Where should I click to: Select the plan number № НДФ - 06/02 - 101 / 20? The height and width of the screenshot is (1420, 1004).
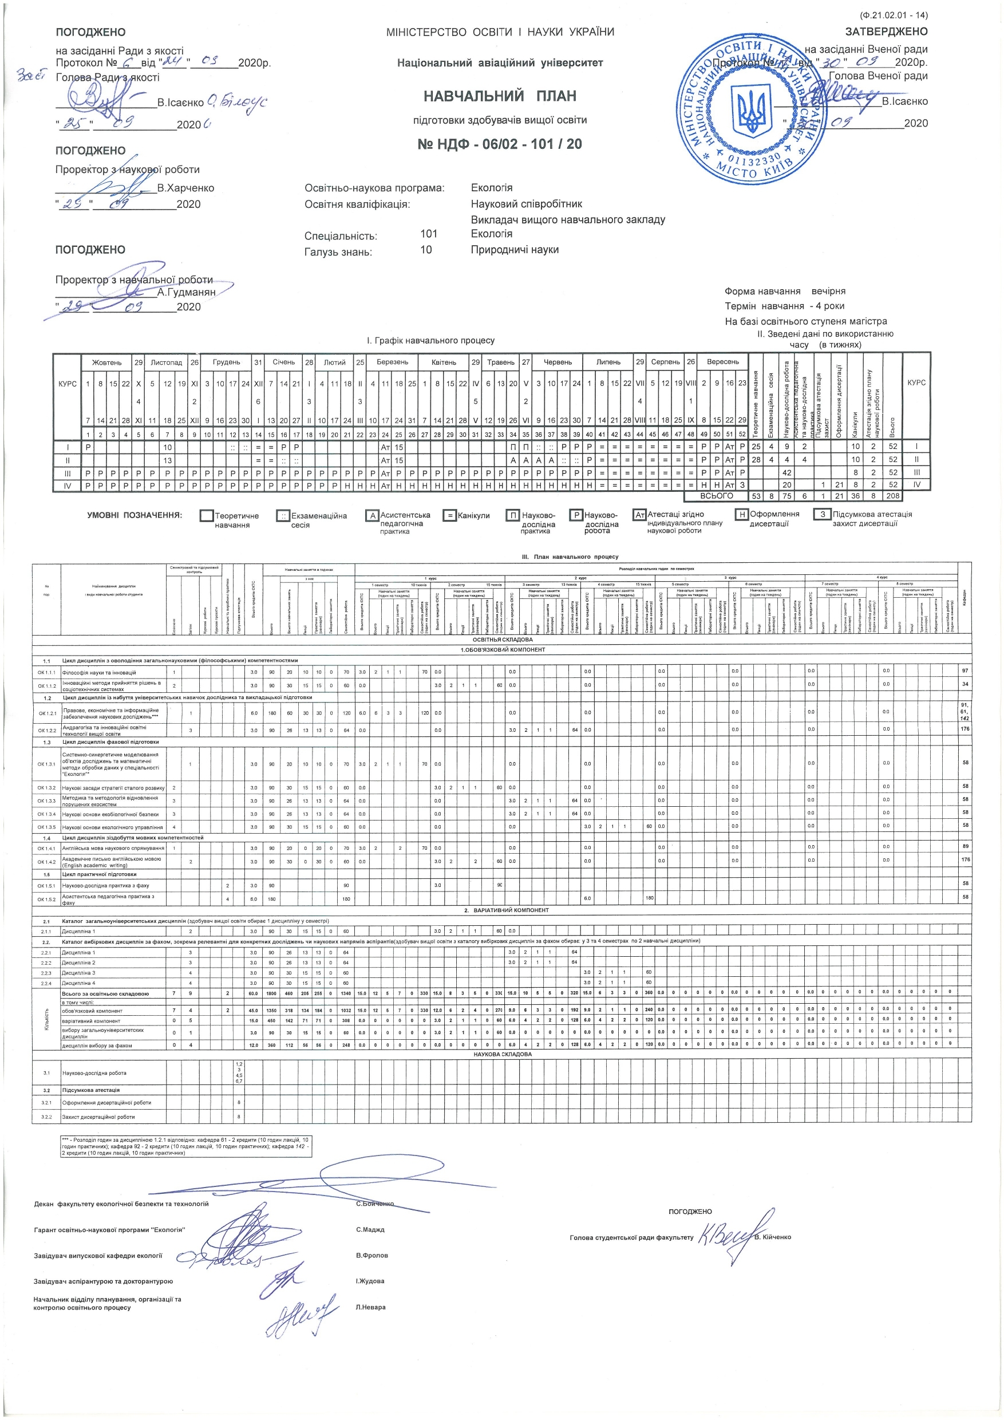click(500, 144)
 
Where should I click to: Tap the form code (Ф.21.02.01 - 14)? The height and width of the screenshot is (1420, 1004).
click(894, 15)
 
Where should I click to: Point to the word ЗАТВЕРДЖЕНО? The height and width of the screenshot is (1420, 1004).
click(886, 32)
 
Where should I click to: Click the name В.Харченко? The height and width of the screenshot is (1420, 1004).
click(185, 188)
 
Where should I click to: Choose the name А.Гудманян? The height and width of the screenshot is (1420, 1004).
click(186, 292)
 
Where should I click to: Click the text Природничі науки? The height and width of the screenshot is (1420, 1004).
click(515, 250)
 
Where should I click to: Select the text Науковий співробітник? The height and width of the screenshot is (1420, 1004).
click(526, 204)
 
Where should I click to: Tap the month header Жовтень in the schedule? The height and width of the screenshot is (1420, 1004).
click(107, 362)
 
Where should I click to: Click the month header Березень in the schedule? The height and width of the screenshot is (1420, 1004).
click(392, 362)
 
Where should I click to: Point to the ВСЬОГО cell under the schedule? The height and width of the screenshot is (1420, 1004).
click(716, 496)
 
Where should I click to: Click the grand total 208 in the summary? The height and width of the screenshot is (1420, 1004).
click(893, 496)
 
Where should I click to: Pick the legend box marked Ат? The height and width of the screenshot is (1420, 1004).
click(640, 515)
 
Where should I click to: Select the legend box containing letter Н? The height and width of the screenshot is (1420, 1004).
click(741, 515)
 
